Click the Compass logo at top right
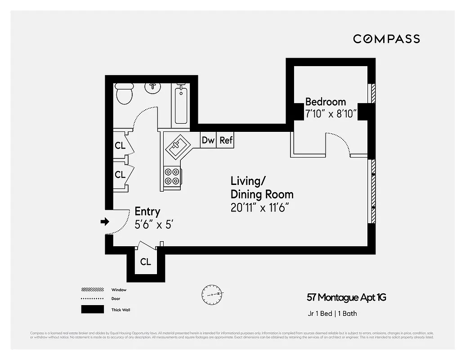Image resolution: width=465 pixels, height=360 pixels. click(386, 39)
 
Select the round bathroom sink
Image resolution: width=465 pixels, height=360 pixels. click(154, 87)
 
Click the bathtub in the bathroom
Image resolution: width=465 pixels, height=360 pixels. click(181, 104)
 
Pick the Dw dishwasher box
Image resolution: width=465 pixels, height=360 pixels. click(208, 140)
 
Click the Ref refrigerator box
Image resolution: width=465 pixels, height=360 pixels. click(226, 140)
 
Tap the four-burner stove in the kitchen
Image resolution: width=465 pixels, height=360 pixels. click(172, 176)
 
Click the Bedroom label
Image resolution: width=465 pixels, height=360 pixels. click(326, 102)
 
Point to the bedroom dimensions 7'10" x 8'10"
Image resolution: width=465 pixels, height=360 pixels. click(331, 114)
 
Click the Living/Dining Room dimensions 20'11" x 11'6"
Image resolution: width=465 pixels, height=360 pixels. click(259, 207)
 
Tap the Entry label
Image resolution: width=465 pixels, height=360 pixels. click(148, 211)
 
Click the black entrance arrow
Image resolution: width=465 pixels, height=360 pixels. click(105, 221)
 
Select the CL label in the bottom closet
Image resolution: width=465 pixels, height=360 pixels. click(145, 262)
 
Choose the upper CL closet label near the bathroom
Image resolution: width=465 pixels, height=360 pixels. click(120, 146)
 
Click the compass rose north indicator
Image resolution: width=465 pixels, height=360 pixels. click(212, 294)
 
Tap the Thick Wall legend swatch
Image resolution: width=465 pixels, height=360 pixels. click(92, 310)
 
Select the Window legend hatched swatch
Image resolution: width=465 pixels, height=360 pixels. click(92, 290)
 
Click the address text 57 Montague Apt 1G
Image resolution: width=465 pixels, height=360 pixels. click(346, 297)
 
